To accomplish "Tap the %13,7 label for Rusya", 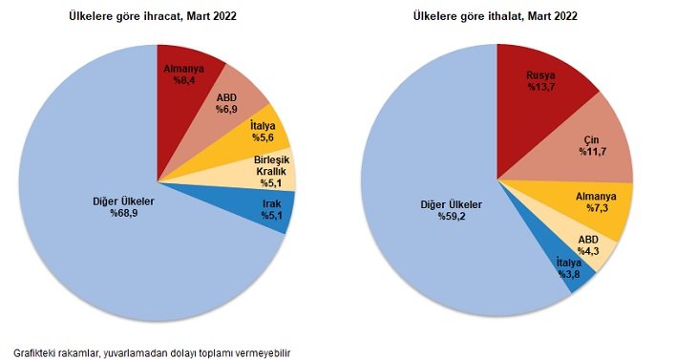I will [541, 87].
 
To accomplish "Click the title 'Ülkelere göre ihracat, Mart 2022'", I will [152, 17].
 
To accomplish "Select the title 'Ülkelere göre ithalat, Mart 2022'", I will [496, 17].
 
